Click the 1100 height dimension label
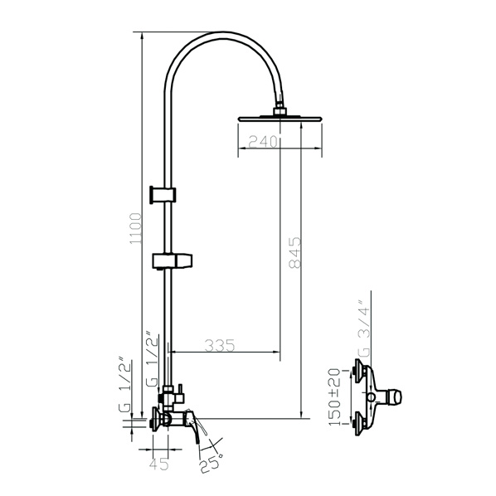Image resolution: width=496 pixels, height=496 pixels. click(x=135, y=228)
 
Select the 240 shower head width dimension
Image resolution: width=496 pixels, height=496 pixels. click(x=263, y=141)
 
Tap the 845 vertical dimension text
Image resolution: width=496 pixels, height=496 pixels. click(x=295, y=252)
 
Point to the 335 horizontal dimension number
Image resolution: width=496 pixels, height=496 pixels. click(x=220, y=345)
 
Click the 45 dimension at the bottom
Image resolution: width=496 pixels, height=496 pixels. click(x=158, y=464)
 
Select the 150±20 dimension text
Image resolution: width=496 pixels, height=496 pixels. click(x=334, y=397)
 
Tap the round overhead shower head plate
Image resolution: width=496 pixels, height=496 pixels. click(x=280, y=119)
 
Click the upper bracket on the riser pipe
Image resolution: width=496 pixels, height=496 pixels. click(x=163, y=195)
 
